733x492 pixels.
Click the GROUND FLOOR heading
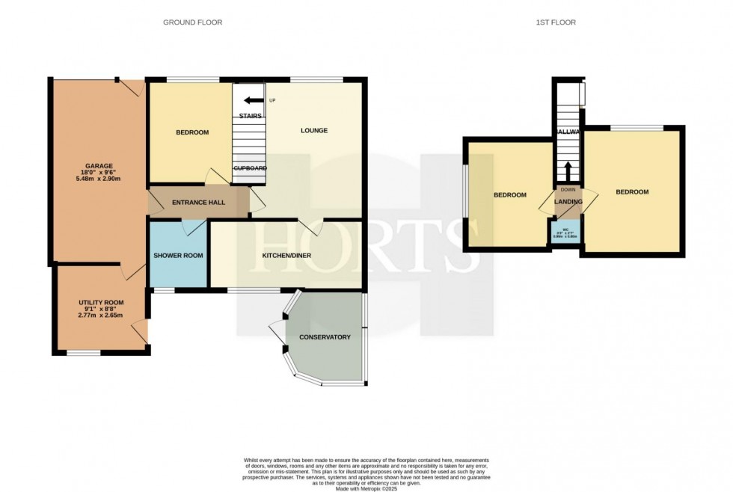click(x=192, y=22)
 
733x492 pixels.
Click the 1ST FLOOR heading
click(x=556, y=22)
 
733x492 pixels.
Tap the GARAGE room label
click(x=93, y=166)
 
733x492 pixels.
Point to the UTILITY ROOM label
click(x=101, y=302)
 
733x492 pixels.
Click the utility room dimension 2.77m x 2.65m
click(x=101, y=316)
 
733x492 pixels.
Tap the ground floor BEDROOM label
click(x=192, y=132)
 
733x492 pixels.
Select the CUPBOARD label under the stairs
click(x=250, y=168)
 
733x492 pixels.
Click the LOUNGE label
click(x=314, y=131)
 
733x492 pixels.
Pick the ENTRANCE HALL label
click(x=198, y=203)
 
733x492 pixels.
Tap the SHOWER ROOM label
click(x=178, y=256)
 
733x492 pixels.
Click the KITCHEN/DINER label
click(x=286, y=256)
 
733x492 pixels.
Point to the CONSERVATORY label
click(x=325, y=337)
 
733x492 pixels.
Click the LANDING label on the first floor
click(x=568, y=201)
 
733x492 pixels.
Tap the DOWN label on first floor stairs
click(x=568, y=189)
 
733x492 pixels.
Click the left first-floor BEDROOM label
click(x=509, y=195)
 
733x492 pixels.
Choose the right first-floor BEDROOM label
click(x=632, y=192)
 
